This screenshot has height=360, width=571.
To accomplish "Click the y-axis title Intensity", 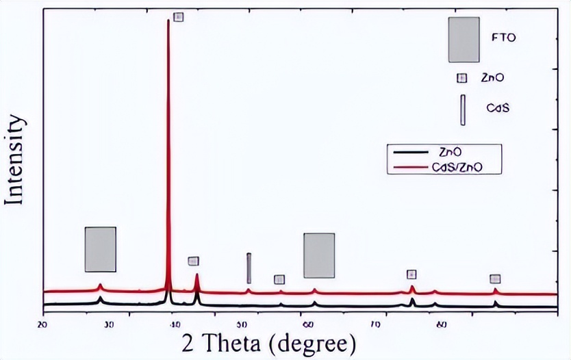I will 16,162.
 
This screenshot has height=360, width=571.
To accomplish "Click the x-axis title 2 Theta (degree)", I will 269,341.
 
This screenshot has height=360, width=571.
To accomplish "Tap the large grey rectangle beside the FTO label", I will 464,40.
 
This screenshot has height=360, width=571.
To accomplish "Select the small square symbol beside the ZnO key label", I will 462,78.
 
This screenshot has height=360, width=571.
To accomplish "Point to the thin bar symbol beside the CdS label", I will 463,110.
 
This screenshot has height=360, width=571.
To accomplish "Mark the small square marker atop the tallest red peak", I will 179,17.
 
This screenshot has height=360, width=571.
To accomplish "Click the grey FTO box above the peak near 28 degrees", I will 100,249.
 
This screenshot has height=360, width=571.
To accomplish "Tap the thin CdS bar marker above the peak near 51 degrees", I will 249,268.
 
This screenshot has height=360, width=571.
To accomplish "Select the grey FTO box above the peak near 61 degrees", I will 319,255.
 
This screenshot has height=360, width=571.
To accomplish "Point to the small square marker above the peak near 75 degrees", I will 411,274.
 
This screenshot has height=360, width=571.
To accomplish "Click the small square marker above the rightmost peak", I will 495,279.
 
